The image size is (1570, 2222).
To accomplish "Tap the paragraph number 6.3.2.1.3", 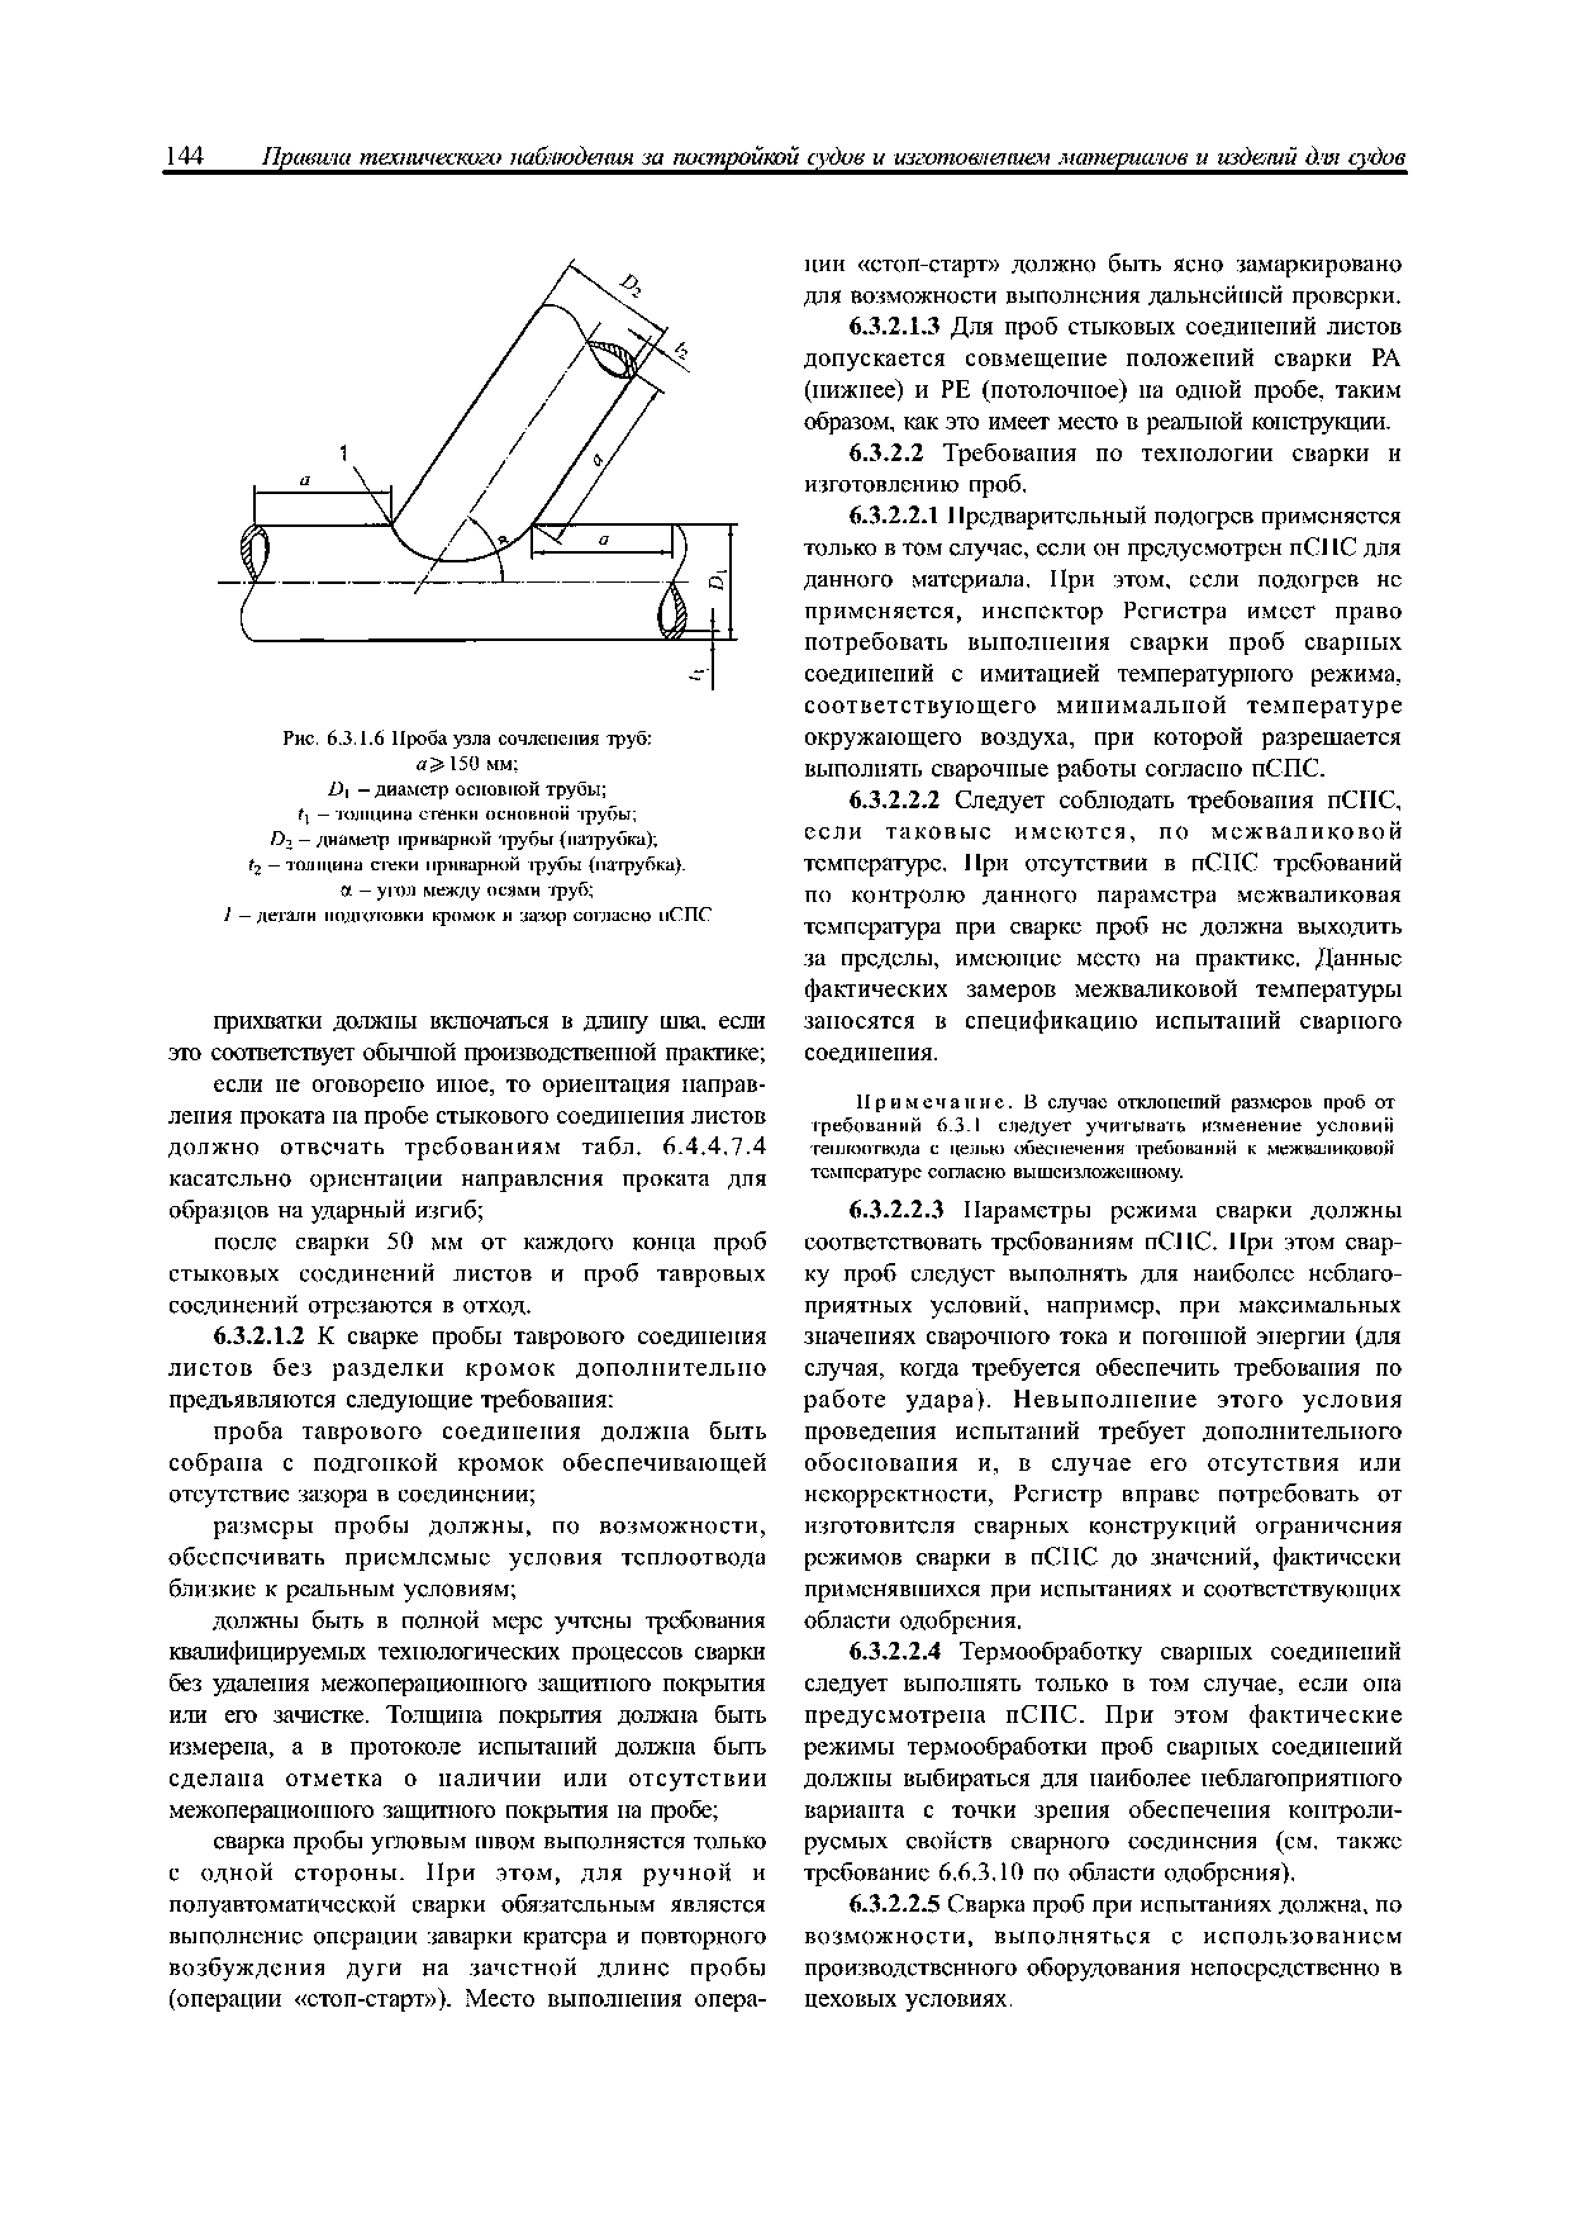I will coord(896,326).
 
